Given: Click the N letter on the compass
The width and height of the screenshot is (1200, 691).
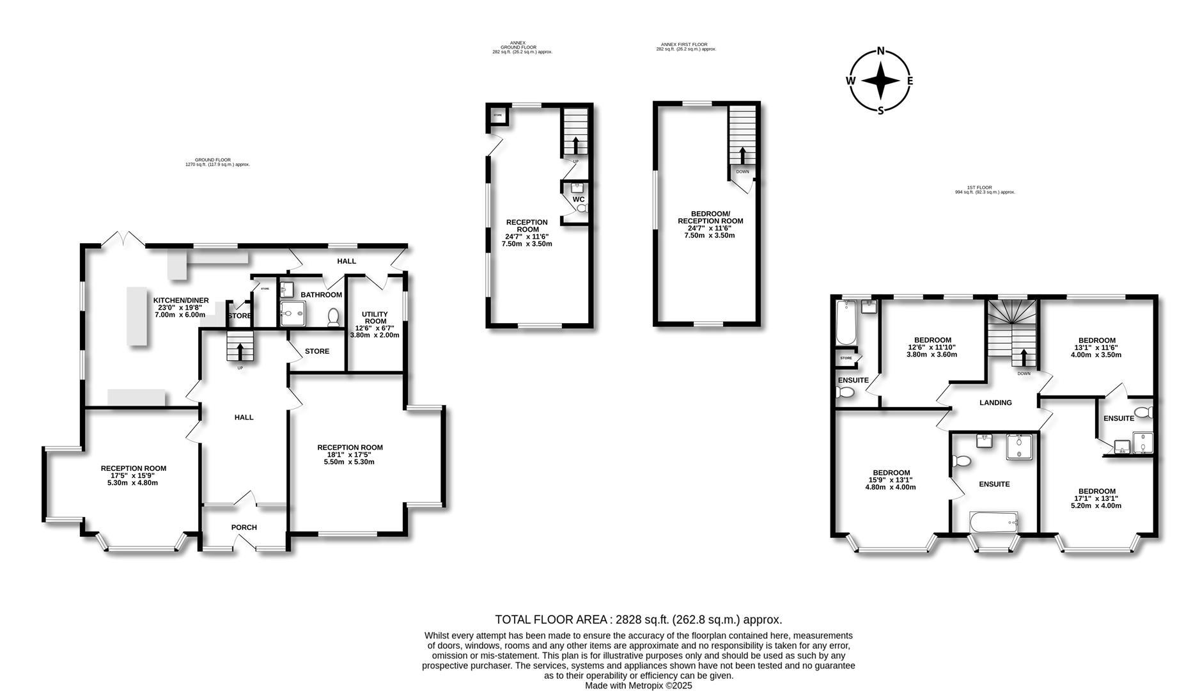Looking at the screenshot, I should pyautogui.click(x=880, y=51).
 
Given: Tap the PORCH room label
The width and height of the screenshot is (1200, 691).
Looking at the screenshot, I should pyautogui.click(x=244, y=527).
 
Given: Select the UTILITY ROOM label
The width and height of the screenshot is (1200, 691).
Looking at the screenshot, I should pyautogui.click(x=375, y=318).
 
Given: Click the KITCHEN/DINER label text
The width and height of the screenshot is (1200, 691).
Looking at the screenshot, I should pyautogui.click(x=181, y=300).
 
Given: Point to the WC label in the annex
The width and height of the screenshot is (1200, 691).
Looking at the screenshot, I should pyautogui.click(x=578, y=200).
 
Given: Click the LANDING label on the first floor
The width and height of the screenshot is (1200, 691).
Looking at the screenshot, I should pyautogui.click(x=995, y=402).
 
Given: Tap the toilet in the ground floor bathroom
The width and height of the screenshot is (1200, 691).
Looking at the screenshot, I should pyautogui.click(x=333, y=317).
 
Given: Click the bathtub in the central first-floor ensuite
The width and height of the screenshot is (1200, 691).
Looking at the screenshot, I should pyautogui.click(x=993, y=522).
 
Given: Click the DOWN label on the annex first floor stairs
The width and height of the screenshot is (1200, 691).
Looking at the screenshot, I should pyautogui.click(x=742, y=171).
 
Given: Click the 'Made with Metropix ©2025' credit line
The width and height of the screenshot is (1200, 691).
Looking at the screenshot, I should pyautogui.click(x=638, y=685).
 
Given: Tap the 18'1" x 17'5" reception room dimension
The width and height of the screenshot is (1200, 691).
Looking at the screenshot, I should pyautogui.click(x=349, y=455).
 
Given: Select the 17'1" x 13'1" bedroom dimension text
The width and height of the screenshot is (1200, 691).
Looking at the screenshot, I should pyautogui.click(x=1096, y=498).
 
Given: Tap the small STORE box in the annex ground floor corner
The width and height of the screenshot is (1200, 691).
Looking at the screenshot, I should pyautogui.click(x=497, y=115).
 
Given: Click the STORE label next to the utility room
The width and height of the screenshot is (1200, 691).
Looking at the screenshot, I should pyautogui.click(x=316, y=351).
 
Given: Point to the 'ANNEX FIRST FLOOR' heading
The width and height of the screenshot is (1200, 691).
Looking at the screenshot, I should pyautogui.click(x=684, y=45).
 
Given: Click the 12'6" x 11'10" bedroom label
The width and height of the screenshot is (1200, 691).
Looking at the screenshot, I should pyautogui.click(x=931, y=347).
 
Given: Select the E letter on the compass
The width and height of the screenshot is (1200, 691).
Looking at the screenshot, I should pyautogui.click(x=910, y=81).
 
